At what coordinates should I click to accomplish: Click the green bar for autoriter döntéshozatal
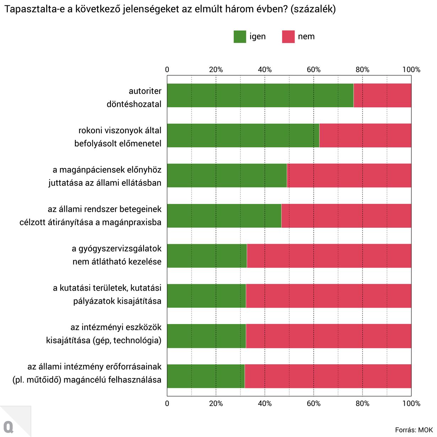tap(260, 95)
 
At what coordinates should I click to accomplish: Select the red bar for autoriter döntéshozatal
tap(382, 95)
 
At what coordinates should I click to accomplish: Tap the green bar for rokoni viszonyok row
tap(243, 135)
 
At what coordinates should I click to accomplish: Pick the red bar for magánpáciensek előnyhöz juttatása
tap(349, 175)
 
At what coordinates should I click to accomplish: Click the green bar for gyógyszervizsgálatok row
tap(207, 255)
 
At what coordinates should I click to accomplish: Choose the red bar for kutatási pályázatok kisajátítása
tap(328, 296)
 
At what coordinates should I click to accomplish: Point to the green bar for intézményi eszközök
tap(206, 336)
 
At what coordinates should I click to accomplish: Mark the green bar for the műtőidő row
tap(206, 376)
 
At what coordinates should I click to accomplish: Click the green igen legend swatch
tap(240, 37)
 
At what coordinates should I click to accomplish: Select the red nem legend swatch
tap(288, 37)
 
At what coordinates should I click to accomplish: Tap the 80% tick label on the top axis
tap(362, 70)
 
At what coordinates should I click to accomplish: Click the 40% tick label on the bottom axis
tap(265, 404)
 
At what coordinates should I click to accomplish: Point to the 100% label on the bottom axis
tap(411, 404)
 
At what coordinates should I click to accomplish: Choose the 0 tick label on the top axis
tap(167, 70)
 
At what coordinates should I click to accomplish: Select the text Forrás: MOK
tap(414, 430)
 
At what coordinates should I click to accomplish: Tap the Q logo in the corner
tap(9, 426)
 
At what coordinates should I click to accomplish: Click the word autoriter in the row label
tap(145, 91)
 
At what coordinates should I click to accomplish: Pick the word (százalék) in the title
tap(313, 9)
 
